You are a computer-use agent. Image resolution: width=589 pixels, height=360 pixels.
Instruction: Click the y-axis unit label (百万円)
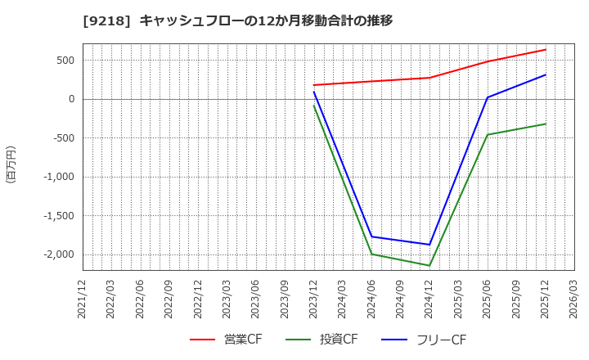pos(11,164)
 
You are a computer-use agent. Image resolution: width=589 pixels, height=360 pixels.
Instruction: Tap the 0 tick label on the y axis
pos(71,99)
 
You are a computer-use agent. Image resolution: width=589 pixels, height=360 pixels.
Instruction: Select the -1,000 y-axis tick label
pos(57,177)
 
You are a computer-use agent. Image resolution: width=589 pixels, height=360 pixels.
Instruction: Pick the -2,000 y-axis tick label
pos(57,254)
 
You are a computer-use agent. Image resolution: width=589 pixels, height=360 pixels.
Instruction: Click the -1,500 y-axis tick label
pos(57,216)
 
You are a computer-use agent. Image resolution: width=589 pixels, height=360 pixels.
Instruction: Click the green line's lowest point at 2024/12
pos(429,265)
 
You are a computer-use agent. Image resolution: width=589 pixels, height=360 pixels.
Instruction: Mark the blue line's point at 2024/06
pos(371,236)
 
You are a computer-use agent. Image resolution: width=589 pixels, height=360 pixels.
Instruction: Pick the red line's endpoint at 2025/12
pos(546,50)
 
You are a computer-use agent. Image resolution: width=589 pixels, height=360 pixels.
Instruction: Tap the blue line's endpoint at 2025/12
pos(546,75)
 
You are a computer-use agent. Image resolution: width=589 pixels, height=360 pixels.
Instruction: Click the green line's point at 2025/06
pos(488,135)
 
